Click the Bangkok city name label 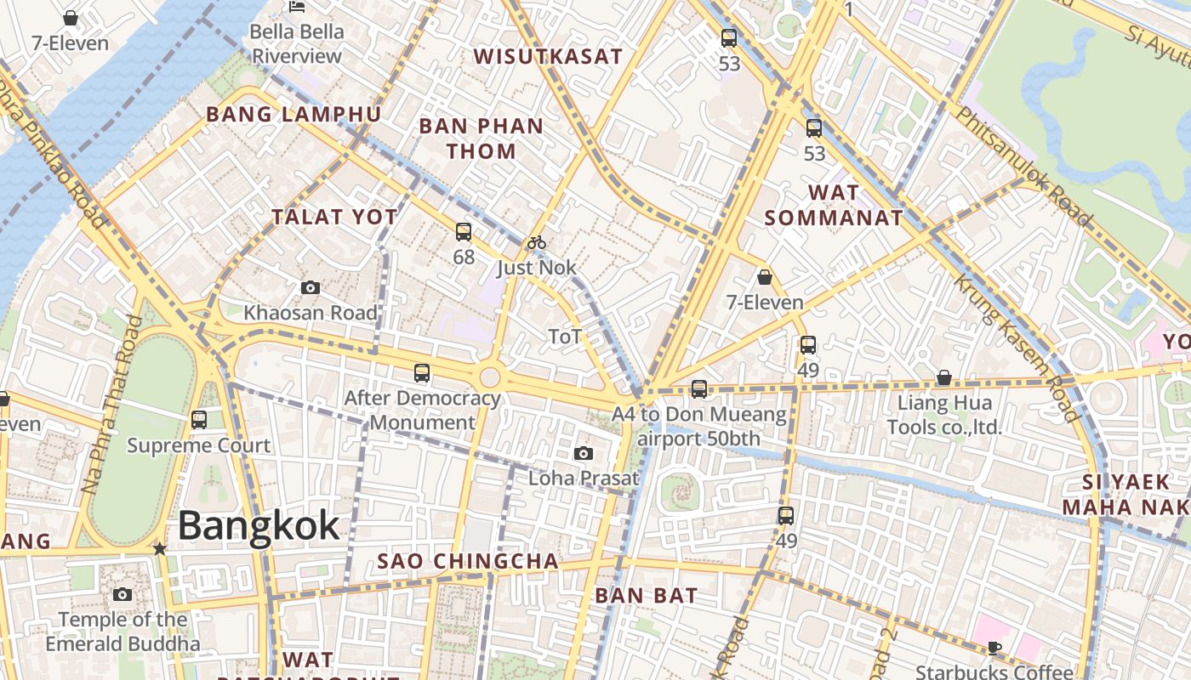pos(259,526)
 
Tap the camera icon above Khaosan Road pos(311,288)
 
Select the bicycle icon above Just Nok pos(536,243)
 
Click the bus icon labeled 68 pos(464,231)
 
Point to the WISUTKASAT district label pos(548,57)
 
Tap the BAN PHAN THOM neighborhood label pos(481,139)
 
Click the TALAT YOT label pos(334,218)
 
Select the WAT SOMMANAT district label pos(833,205)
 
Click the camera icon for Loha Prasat pos(584,453)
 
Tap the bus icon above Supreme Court pos(199,419)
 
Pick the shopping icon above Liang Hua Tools pos(943,377)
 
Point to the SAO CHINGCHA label pos(468,562)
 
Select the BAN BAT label pos(647,596)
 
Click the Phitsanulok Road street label pos(1025,166)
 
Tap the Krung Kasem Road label pos(1014,349)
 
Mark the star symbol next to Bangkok pos(159,549)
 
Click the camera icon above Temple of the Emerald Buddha pos(123,594)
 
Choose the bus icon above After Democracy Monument pos(421,372)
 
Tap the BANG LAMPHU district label pos(293,115)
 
